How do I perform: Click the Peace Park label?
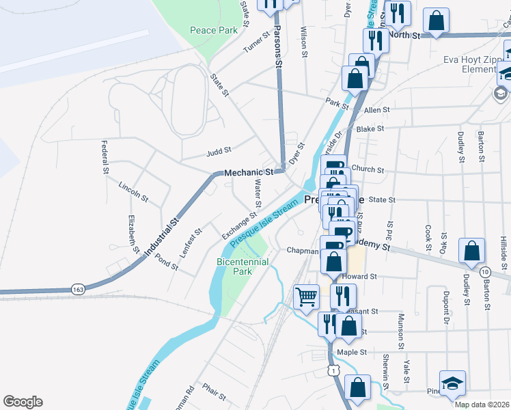214,30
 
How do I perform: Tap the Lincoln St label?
134,191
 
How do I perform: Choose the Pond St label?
167,262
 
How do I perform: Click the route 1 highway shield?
332,369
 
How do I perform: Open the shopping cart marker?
306,297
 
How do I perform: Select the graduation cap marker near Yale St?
452,384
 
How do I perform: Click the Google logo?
23,402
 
